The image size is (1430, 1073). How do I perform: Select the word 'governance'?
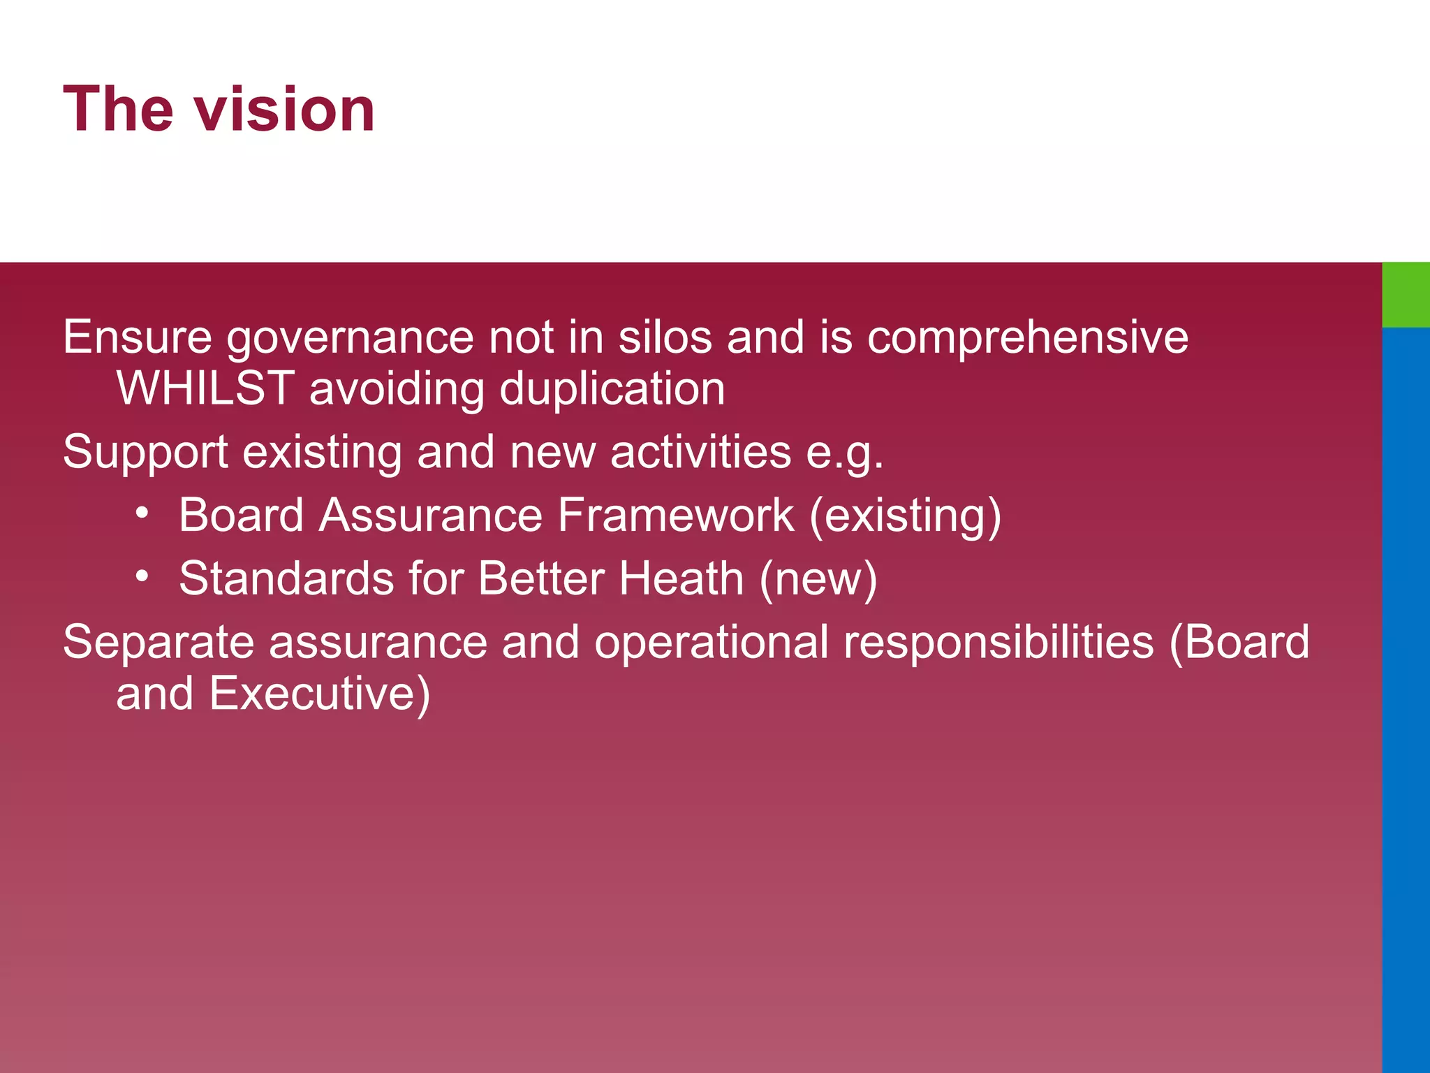click(351, 339)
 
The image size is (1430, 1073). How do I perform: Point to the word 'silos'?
click(665, 337)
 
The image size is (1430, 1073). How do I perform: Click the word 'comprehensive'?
click(1027, 339)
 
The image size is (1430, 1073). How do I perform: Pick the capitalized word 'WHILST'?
click(205, 388)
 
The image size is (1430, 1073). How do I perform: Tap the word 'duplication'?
click(612, 390)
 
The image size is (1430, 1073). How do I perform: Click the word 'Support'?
click(145, 453)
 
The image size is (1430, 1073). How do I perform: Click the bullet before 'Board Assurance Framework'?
click(142, 514)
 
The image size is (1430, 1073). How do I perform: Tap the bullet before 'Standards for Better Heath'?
click(142, 577)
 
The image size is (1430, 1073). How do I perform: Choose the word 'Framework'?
click(675, 516)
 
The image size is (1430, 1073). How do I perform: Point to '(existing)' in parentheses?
click(906, 517)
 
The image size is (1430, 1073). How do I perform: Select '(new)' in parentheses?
click(818, 580)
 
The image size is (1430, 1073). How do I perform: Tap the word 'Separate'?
click(159, 643)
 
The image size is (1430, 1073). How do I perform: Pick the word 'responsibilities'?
click(998, 643)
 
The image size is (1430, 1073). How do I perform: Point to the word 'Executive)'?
click(320, 694)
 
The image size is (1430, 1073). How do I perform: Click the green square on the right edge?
click(1406, 294)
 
